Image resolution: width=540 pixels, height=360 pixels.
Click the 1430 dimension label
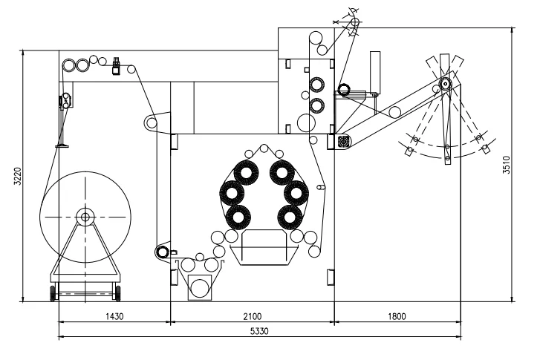[x=114, y=316]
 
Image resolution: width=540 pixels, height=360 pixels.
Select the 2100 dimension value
[x=253, y=316]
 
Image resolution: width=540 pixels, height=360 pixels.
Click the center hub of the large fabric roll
[x=85, y=217]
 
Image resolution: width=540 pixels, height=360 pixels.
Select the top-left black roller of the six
[x=245, y=173]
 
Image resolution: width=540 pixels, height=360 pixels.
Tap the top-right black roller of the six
[x=282, y=173]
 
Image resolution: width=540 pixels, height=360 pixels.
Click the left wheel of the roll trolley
[x=53, y=295]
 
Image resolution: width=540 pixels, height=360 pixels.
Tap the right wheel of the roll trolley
[x=117, y=295]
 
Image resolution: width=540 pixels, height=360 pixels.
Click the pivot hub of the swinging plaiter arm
[x=444, y=84]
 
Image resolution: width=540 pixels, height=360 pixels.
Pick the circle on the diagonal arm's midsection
[x=395, y=111]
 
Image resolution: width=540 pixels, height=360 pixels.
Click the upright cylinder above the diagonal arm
[x=375, y=71]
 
